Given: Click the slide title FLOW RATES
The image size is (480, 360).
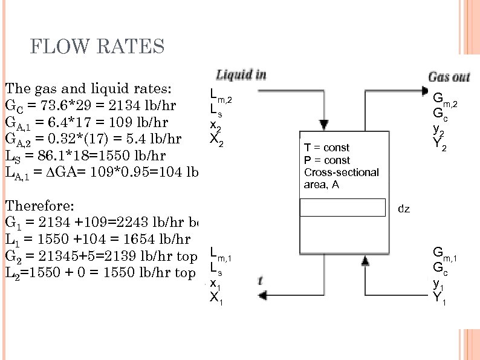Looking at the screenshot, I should [x=97, y=46].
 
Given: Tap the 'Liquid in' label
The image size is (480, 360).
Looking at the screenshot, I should [x=241, y=75].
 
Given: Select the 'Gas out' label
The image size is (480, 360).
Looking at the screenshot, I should [x=449, y=77].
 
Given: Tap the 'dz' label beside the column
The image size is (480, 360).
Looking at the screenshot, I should [x=404, y=209].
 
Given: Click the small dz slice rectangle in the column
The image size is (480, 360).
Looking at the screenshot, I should [x=343, y=208].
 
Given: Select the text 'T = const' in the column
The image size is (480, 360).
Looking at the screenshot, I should [x=326, y=148].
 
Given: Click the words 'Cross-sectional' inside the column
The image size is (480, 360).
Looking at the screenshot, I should [x=341, y=172].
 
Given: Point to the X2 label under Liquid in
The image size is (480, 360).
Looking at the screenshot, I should [x=215, y=140].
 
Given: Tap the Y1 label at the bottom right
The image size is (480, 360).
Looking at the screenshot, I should [x=439, y=297].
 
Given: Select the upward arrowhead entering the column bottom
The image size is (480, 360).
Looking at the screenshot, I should [x=365, y=261].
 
